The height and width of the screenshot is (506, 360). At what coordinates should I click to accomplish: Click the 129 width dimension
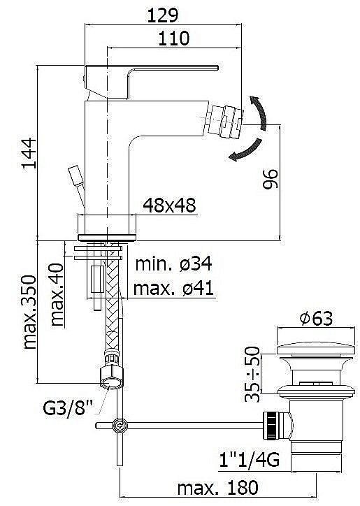162,15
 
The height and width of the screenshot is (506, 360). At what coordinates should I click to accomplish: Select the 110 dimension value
173,38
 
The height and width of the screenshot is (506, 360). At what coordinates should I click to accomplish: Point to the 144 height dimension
29,153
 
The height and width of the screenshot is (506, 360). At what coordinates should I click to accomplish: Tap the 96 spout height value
270,179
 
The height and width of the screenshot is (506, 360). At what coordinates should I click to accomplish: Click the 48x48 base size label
169,205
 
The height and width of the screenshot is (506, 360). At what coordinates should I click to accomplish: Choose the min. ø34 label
173,263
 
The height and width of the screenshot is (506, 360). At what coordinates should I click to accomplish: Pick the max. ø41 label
173,288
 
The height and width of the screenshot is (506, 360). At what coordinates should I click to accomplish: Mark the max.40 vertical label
57,294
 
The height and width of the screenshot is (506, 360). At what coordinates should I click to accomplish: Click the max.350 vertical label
29,312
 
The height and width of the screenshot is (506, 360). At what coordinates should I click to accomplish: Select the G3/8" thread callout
68,407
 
